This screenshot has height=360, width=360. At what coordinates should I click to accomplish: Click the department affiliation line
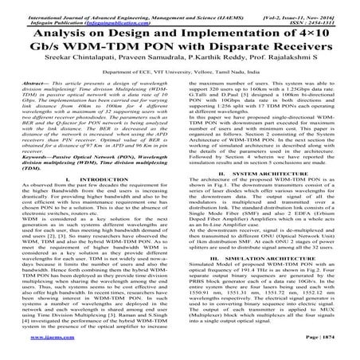(x=180, y=83)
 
